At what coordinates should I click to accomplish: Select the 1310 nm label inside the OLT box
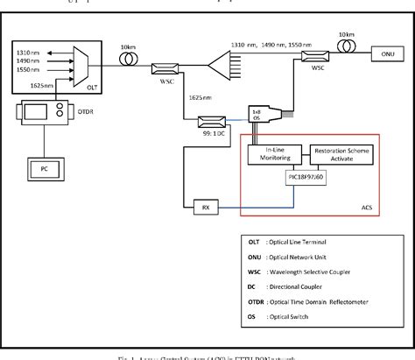pyautogui.click(x=28, y=53)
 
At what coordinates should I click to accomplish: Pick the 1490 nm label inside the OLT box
pyautogui.click(x=28, y=63)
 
